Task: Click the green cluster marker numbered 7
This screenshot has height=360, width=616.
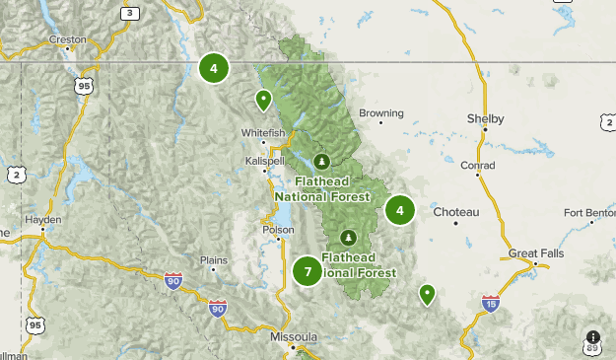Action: [308, 270]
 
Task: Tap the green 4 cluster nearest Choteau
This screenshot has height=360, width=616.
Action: [399, 210]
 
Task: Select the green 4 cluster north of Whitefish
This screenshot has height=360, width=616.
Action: [213, 68]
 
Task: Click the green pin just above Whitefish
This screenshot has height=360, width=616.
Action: [263, 100]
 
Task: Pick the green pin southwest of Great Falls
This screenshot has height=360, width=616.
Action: [427, 293]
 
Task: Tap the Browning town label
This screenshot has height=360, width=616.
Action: [381, 113]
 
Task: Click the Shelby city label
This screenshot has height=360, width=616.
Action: [485, 119]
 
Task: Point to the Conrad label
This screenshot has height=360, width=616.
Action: [478, 165]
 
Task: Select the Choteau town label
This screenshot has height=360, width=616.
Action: [455, 212]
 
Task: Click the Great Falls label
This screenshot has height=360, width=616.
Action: [536, 253]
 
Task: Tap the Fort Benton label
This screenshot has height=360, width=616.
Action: [588, 213]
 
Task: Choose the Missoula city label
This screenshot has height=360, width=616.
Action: [294, 337]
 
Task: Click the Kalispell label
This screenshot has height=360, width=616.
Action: [265, 160]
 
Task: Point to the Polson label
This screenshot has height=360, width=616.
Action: [278, 230]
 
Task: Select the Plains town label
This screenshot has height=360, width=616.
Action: [214, 260]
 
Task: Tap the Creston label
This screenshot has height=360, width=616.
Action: [68, 40]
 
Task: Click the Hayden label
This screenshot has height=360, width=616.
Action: [43, 220]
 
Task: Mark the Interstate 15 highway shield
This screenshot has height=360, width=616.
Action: [491, 302]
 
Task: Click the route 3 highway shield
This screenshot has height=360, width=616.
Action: [129, 13]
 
